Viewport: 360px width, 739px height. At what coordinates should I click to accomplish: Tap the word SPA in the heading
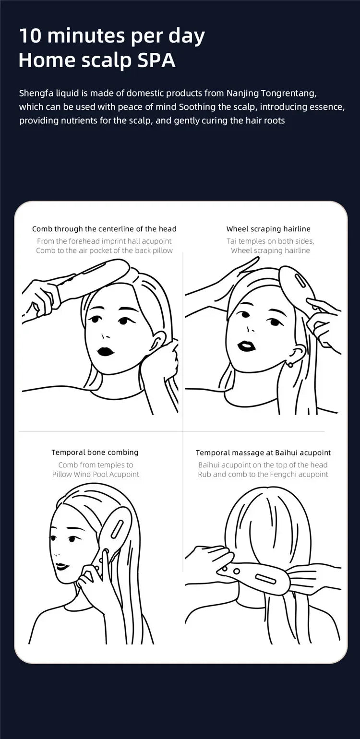[x=156, y=60]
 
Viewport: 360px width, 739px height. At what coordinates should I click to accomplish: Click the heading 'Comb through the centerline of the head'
[x=104, y=228]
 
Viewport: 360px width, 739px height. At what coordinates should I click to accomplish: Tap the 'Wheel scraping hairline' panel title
[x=268, y=228]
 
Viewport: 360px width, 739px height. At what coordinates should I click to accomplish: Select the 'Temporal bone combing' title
[x=95, y=453]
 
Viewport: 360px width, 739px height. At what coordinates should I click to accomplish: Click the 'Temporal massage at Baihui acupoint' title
[x=263, y=453]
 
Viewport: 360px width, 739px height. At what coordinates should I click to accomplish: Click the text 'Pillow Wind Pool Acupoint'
[x=96, y=475]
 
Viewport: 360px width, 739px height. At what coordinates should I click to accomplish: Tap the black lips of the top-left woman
[x=106, y=351]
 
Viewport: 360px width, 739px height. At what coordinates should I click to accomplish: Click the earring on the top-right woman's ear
[x=290, y=365]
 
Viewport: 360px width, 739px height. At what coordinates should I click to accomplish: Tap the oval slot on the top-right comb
[x=300, y=281]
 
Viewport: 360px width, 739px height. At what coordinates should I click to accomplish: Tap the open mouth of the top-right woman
[x=246, y=346]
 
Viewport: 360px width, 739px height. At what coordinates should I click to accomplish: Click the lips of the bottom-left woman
[x=62, y=567]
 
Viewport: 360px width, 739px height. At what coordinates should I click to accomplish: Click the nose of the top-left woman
[x=105, y=336]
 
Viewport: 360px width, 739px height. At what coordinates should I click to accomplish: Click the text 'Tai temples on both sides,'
[x=270, y=241]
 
